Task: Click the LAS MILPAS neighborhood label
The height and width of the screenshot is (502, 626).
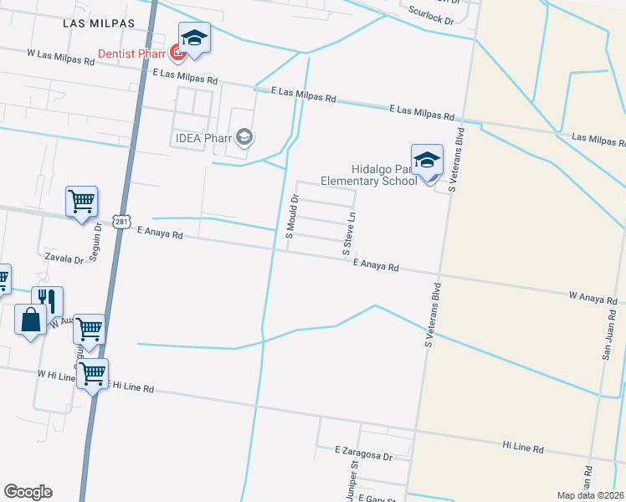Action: (99, 23)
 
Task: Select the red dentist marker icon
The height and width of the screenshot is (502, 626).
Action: (177, 54)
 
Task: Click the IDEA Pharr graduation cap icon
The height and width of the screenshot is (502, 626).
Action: (244, 136)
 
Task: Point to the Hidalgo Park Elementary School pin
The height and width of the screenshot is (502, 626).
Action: (427, 161)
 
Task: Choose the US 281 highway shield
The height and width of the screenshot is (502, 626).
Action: (123, 222)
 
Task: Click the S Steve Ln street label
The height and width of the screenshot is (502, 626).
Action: (349, 233)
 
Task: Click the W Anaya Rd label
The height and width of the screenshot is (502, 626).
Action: (593, 296)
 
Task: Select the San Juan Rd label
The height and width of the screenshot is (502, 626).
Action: (609, 335)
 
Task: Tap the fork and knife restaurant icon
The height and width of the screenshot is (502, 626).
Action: (48, 301)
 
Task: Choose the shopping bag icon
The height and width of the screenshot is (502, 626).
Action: (30, 320)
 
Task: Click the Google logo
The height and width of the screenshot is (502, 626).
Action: (28, 491)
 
